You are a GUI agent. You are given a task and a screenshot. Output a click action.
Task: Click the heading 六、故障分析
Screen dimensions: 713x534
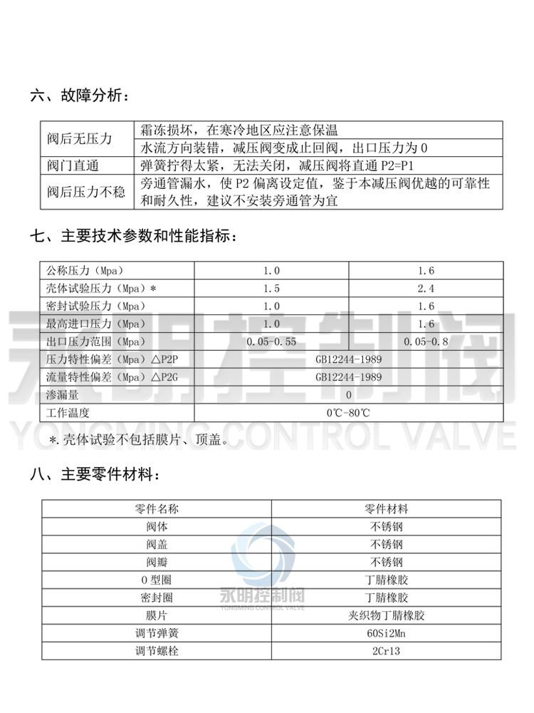[x=80, y=94]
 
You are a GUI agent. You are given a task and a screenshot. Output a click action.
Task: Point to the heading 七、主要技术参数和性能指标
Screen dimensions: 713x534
[x=131, y=235]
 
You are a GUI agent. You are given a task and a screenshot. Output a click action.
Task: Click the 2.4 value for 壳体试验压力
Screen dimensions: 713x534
[x=426, y=289]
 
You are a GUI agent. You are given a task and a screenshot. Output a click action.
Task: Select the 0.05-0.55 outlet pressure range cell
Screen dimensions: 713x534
[x=271, y=342]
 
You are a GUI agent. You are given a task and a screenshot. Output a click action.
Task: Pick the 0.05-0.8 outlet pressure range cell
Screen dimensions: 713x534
[x=426, y=342]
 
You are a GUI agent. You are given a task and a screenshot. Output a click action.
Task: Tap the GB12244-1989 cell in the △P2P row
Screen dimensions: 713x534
[x=349, y=359]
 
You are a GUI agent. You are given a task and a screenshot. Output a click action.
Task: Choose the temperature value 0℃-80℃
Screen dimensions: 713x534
[x=349, y=412]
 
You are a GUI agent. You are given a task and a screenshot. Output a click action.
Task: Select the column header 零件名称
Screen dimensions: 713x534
[x=157, y=509]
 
